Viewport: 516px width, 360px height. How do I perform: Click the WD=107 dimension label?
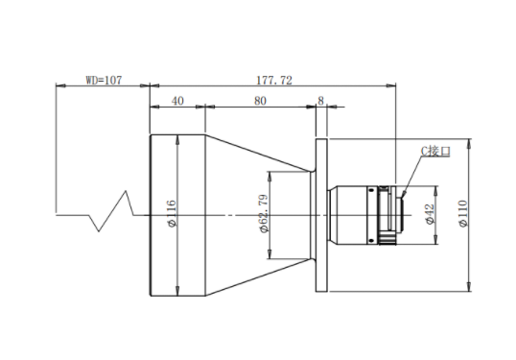[x=104, y=80]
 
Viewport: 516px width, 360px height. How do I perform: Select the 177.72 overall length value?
[x=273, y=80]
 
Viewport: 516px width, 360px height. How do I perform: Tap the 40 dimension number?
[x=177, y=101]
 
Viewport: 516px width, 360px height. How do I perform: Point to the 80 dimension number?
[x=260, y=101]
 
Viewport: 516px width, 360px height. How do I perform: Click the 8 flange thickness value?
[x=321, y=101]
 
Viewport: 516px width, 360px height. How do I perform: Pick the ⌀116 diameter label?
[x=172, y=213]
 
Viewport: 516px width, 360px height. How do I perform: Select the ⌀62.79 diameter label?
[x=264, y=214]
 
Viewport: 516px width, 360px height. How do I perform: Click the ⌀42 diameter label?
[x=430, y=214]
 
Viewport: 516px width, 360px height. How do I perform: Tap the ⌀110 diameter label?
[x=462, y=213]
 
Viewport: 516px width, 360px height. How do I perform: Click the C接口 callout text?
[x=435, y=151]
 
